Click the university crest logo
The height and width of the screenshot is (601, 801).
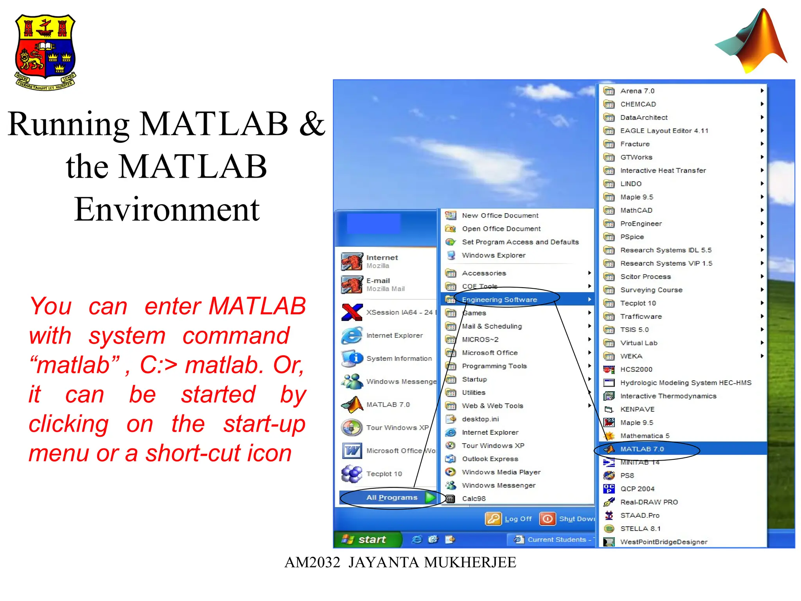pos(45,52)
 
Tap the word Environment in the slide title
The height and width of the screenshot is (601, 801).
pos(167,209)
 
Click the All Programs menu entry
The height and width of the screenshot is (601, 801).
pos(392,498)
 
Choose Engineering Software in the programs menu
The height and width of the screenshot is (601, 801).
pos(499,300)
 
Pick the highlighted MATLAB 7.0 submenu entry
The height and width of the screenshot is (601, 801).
pos(642,449)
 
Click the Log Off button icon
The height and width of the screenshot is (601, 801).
pos(493,519)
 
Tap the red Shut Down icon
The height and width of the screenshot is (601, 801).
pos(547,519)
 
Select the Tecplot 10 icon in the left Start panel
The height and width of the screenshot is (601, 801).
pos(352,474)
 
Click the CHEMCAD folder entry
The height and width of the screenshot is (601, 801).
pos(638,104)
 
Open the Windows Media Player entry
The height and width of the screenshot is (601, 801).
pos(501,472)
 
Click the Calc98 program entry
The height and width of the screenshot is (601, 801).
pos(474,498)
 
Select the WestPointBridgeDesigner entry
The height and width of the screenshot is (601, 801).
pos(663,542)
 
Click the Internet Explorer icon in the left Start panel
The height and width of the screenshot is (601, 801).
pos(352,335)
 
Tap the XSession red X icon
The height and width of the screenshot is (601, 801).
pos(352,312)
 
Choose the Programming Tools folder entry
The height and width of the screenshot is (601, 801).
pos(494,366)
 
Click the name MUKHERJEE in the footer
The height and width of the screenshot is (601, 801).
pos(470,562)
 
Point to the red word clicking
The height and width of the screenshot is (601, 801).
pos(69,424)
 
